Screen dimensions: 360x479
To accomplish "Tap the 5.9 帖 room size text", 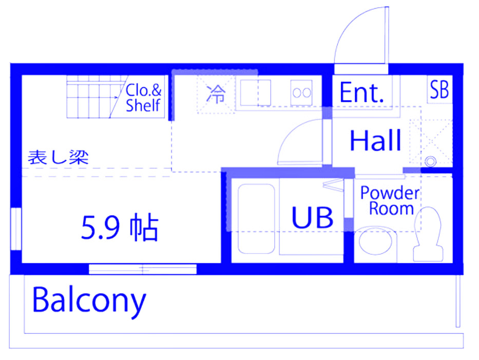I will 119,228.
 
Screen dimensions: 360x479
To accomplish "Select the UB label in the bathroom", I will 312,217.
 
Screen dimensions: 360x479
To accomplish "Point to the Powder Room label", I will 389,201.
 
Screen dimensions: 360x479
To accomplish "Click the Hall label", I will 375,141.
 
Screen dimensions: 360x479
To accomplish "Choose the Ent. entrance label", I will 362,92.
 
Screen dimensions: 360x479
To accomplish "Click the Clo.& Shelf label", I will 144,98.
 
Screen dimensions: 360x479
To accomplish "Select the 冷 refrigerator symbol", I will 216,94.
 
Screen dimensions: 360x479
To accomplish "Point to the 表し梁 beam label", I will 58,157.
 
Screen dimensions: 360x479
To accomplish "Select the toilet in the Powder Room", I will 429,234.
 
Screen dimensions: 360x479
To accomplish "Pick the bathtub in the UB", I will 256,218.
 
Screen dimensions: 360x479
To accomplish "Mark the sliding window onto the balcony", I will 143,269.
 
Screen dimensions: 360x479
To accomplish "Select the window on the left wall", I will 16,229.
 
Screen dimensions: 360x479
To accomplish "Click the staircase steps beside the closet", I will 92,98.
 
